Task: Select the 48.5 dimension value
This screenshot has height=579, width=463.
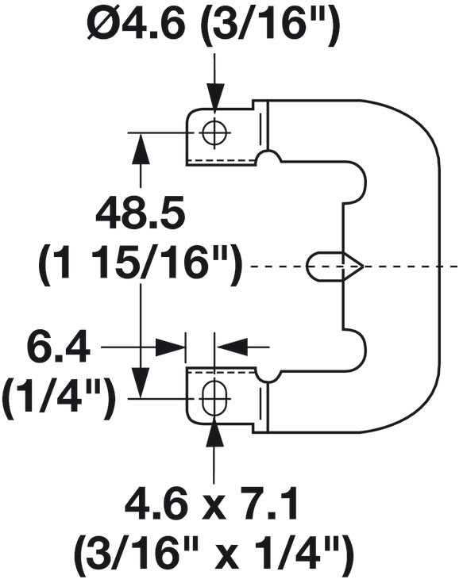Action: click(x=141, y=215)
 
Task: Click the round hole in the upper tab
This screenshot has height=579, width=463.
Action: click(x=213, y=132)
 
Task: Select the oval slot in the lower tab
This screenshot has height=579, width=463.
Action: click(x=213, y=397)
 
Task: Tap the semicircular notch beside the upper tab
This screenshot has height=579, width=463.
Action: click(x=270, y=159)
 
